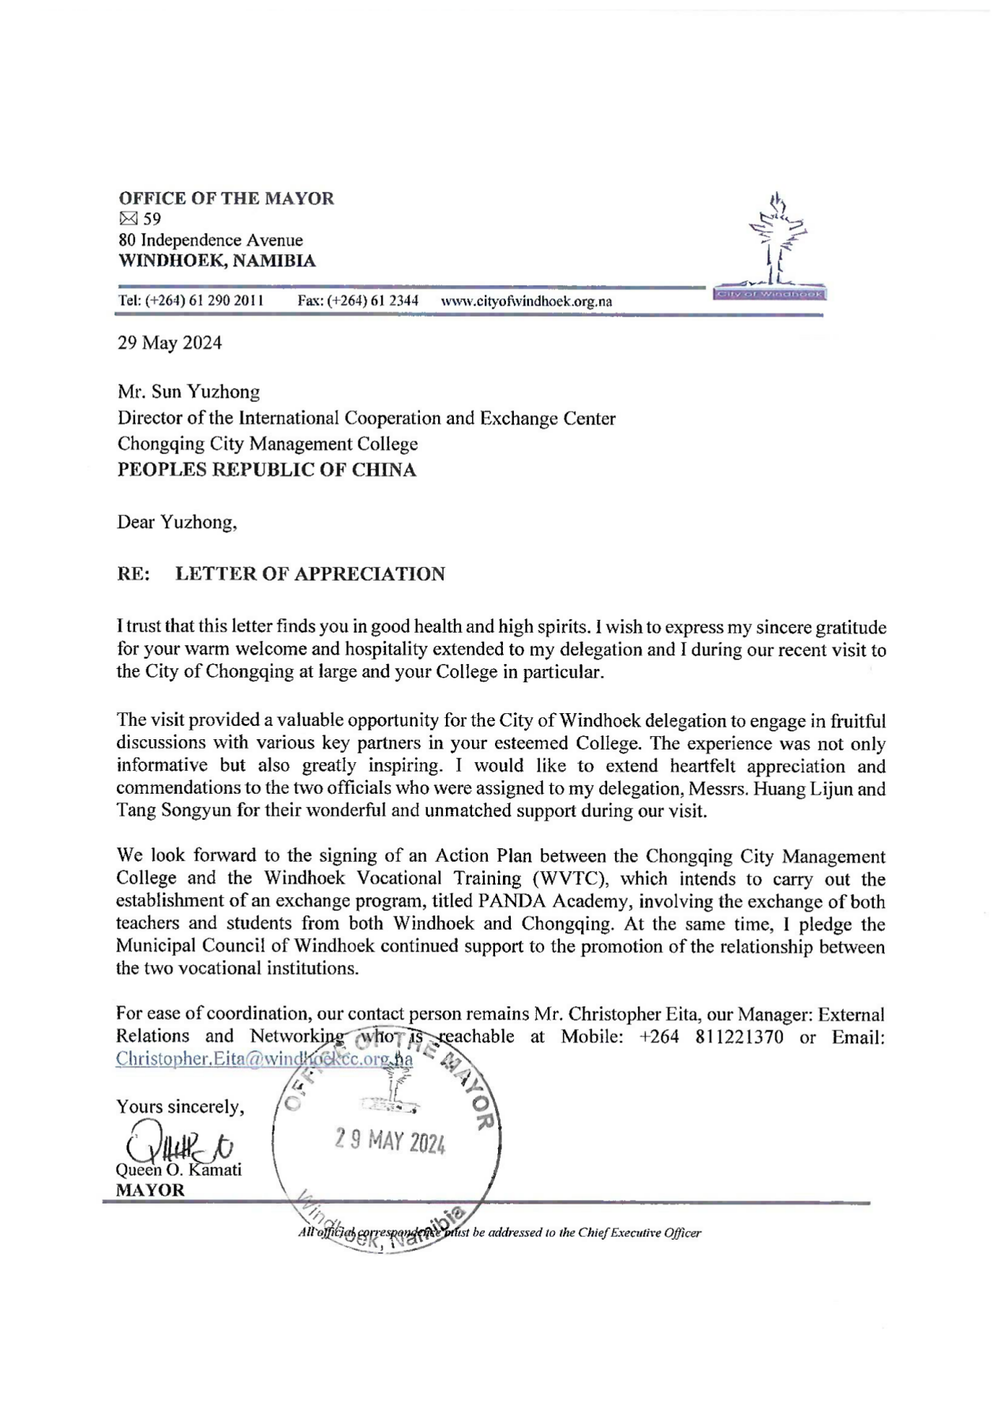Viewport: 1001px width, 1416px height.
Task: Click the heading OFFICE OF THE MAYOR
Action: [x=226, y=198]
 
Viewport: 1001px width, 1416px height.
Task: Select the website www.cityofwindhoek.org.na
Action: [x=527, y=301]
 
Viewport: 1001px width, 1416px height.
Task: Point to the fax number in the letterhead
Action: [x=358, y=301]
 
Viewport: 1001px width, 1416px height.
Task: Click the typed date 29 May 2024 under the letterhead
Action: [x=170, y=343]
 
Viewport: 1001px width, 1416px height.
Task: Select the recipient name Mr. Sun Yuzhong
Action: [x=188, y=391]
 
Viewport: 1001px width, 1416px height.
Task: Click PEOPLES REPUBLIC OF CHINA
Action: [x=266, y=470]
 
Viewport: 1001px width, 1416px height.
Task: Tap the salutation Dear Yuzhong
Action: [x=177, y=522]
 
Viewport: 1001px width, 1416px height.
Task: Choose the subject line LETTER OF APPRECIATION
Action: [x=309, y=574]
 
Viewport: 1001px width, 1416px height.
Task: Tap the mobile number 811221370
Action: [x=740, y=1036]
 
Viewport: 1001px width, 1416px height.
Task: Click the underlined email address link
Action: [x=264, y=1058]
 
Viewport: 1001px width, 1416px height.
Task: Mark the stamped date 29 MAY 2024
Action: [x=390, y=1141]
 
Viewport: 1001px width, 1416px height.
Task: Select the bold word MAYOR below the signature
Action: [x=150, y=1190]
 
